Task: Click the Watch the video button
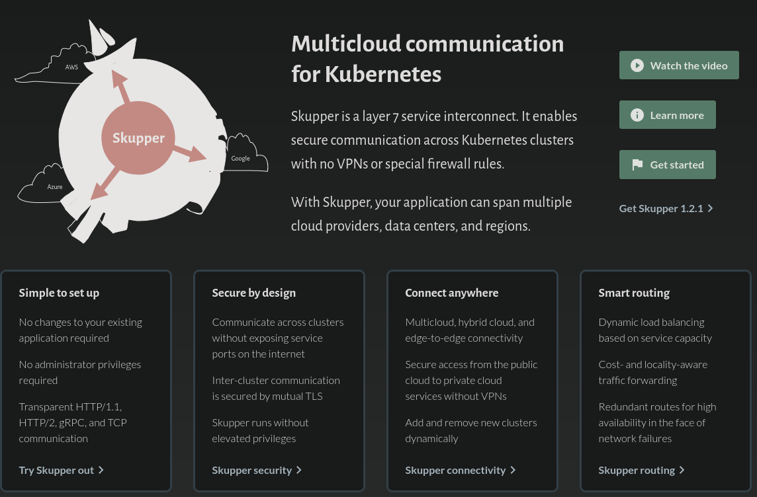pos(679,65)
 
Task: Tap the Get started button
pos(667,165)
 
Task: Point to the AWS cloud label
pos(71,67)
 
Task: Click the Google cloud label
pos(240,158)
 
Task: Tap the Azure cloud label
pos(55,187)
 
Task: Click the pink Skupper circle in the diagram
pos(138,138)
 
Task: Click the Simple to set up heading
pos(59,293)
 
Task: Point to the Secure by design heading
pos(253,293)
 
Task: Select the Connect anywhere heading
pos(451,293)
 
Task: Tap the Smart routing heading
pos(634,293)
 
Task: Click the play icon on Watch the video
pos(637,65)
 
